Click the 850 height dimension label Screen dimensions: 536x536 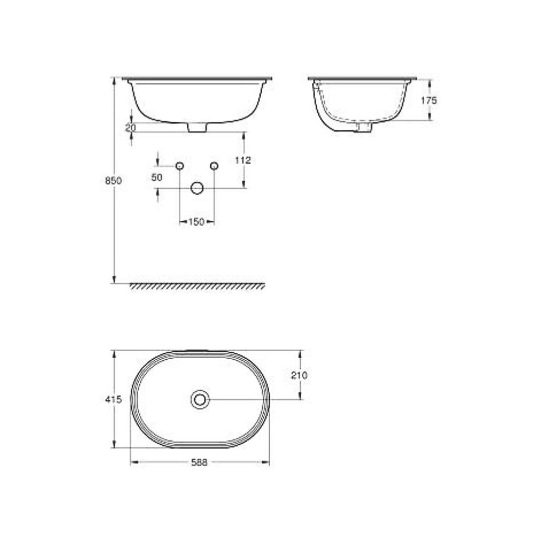point(113,181)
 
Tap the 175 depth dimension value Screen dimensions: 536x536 point(429,100)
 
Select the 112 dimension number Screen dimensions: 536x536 point(243,160)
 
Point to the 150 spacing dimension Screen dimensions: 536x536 point(196,222)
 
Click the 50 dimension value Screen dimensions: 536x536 point(157,178)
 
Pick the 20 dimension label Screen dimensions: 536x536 point(131,128)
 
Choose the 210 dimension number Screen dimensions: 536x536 point(299,375)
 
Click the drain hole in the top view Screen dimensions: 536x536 point(200,399)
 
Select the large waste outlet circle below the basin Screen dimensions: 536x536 point(197,188)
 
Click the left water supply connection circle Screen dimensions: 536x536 point(180,166)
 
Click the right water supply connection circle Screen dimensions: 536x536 point(214,166)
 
